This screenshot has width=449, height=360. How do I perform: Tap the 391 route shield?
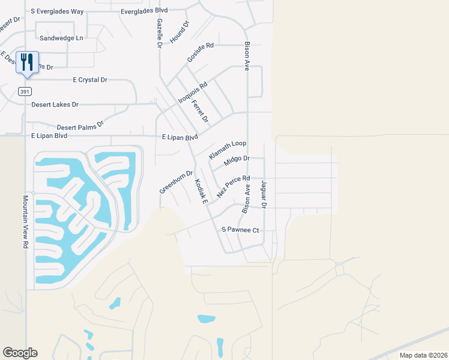[24, 91]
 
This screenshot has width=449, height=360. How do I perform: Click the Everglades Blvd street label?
[144, 11]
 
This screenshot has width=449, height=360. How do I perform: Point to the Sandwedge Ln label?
[61, 38]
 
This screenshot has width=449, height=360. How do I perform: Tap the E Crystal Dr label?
[90, 79]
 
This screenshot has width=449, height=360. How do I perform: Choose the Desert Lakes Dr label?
[55, 104]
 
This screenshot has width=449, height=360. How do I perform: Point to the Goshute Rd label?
[200, 53]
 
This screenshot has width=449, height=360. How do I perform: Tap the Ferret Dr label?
[200, 111]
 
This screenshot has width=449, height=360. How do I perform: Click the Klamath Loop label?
[228, 150]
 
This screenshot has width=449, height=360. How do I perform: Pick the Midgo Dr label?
[237, 160]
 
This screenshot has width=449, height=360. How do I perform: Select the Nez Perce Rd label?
[234, 187]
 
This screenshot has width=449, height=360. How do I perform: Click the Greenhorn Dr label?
[176, 182]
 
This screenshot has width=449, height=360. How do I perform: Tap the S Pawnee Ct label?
[240, 230]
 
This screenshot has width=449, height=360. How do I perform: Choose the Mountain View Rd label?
[26, 221]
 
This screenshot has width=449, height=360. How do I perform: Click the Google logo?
[20, 352]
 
